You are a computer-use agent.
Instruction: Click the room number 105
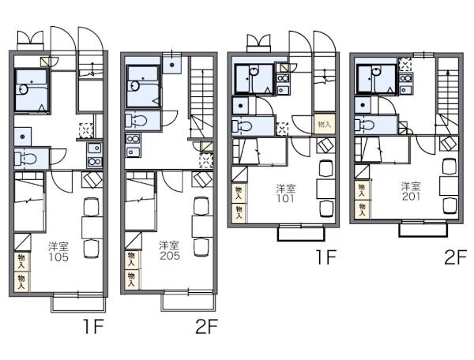click(x=58, y=257)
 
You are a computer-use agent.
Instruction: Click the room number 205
click(x=170, y=256)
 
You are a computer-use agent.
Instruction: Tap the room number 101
click(x=285, y=198)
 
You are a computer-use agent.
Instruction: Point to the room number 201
click(x=411, y=197)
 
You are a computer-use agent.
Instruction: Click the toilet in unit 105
click(x=27, y=158)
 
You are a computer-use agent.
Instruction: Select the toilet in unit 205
click(x=137, y=121)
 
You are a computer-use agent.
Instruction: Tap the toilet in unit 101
click(x=243, y=126)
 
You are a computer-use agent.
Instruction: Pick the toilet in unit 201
click(x=365, y=125)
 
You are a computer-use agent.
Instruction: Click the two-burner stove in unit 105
click(x=95, y=162)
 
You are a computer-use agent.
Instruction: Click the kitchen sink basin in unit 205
click(x=133, y=151)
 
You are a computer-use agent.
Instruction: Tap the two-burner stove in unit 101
click(x=283, y=78)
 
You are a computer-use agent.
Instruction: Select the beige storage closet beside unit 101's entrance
click(x=325, y=124)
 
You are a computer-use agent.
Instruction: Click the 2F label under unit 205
click(x=206, y=327)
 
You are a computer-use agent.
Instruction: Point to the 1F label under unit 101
click(x=325, y=257)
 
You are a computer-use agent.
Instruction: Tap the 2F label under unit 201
click(x=456, y=257)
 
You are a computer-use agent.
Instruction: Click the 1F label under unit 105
click(x=93, y=327)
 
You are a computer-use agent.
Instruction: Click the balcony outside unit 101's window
click(x=302, y=233)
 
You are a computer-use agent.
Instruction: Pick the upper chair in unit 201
click(x=450, y=167)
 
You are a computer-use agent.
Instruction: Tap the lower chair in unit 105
click(x=92, y=249)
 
